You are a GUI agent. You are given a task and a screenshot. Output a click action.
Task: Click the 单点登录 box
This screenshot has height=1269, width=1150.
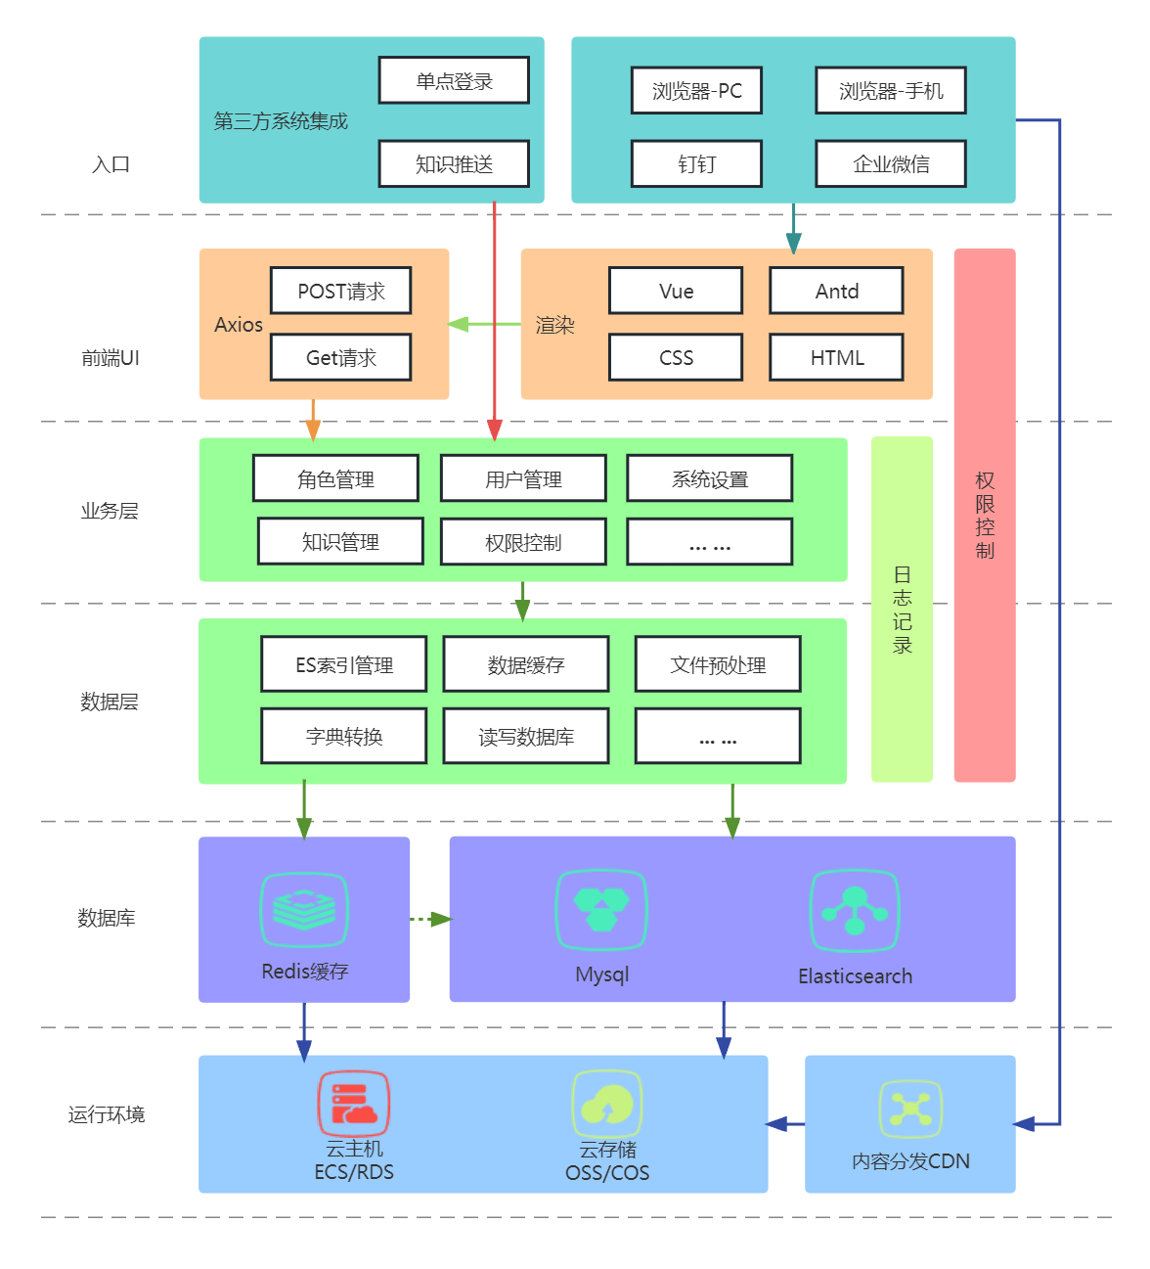[454, 80]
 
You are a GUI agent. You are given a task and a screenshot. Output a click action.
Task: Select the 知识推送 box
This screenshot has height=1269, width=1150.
[454, 163]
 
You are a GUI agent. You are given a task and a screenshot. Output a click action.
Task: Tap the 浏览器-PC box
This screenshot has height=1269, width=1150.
[696, 91]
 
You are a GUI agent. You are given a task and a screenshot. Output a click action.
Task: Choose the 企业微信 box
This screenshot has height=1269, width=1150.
[890, 163]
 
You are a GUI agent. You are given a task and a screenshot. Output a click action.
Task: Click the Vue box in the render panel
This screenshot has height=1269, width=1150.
[676, 291]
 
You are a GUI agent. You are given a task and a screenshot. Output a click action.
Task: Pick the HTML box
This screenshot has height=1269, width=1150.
[836, 357]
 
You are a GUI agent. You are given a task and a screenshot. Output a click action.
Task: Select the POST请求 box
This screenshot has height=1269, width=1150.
[340, 291]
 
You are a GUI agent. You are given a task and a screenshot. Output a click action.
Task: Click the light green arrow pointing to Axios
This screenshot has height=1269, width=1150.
[484, 324]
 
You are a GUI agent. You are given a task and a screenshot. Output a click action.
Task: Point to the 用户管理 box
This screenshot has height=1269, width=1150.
[523, 478]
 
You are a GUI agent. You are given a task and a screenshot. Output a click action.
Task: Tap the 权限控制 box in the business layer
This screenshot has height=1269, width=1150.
[523, 542]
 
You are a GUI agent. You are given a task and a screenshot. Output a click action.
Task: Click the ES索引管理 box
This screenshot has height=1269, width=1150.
[344, 664]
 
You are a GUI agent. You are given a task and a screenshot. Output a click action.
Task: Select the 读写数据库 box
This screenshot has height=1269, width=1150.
[526, 736]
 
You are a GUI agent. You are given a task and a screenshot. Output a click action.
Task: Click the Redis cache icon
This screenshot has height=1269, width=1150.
[304, 910]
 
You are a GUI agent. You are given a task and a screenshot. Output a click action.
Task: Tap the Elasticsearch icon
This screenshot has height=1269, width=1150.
[855, 911]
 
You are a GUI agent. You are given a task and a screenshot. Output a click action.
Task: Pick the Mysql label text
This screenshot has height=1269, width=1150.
[601, 974]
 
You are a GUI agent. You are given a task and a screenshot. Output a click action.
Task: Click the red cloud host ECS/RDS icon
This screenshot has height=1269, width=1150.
[353, 1104]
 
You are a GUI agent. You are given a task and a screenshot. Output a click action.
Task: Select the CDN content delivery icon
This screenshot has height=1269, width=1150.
[910, 1109]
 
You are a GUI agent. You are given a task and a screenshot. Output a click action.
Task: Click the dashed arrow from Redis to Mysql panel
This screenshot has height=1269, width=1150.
[429, 919]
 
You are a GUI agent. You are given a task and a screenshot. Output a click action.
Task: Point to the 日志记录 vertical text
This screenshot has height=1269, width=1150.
[902, 610]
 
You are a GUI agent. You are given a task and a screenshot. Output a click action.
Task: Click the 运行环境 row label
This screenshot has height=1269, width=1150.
[107, 1114]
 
